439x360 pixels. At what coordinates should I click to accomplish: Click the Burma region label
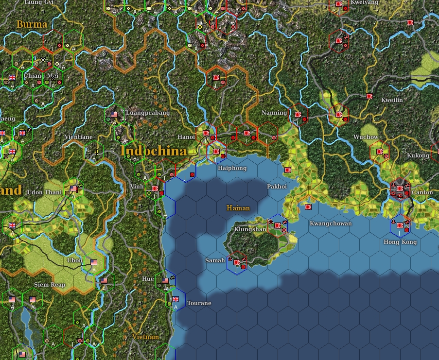pos(32,24)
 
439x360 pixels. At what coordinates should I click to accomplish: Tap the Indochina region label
pos(154,151)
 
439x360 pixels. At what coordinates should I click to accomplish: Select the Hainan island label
pos(238,208)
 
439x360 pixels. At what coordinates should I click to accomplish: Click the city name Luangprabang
pos(148,113)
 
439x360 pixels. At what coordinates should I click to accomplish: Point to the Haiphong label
pos(232,168)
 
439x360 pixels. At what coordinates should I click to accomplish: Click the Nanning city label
pos(274,113)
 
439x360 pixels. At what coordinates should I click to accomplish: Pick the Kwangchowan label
pos(331,223)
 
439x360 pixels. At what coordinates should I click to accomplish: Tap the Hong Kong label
pos(400,242)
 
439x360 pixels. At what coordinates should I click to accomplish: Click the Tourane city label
pos(199,303)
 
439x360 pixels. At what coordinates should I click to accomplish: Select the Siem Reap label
pos(50,284)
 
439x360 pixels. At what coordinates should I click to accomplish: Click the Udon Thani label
pos(44,192)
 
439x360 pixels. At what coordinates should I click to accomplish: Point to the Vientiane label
pos(78,137)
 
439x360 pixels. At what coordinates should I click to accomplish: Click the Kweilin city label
pos(392,100)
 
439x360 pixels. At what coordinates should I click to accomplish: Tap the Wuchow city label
pos(366,137)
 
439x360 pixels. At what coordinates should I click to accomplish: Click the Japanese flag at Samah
pos(237,262)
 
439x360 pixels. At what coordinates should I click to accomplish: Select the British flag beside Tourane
pos(176,299)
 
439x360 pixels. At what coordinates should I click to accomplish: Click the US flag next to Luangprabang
pos(115,115)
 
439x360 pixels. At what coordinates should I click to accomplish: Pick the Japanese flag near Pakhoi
pos(288,170)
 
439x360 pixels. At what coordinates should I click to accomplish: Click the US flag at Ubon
pos(94,262)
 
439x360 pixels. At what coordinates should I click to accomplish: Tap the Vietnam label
pos(145,337)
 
